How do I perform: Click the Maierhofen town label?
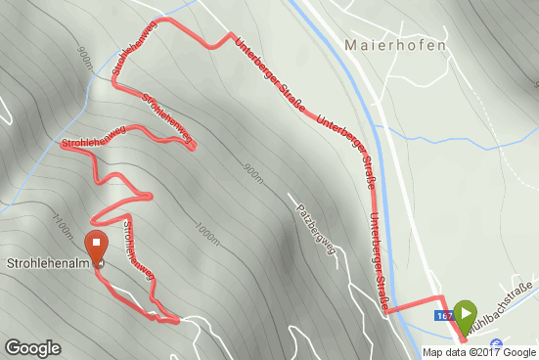coord(396,45)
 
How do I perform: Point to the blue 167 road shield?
coord(443,315)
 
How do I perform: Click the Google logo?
coord(33,347)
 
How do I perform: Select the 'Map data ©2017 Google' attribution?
coord(479,352)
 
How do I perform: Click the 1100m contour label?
coord(64,228)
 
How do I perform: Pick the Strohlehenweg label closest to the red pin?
coord(137,249)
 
